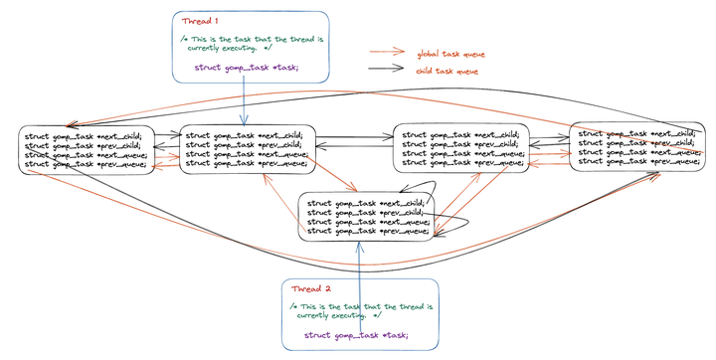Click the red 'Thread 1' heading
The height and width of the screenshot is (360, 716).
click(202, 21)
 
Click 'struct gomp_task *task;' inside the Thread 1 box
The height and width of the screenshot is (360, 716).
click(245, 67)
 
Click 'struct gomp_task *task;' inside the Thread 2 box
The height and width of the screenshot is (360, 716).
click(356, 334)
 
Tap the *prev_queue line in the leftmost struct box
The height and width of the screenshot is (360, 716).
click(84, 163)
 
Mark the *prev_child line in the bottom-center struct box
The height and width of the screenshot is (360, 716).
click(365, 212)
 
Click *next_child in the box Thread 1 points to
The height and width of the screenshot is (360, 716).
click(245, 134)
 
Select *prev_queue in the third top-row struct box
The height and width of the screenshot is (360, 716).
click(460, 162)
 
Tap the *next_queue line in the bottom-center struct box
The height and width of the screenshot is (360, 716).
click(365, 221)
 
